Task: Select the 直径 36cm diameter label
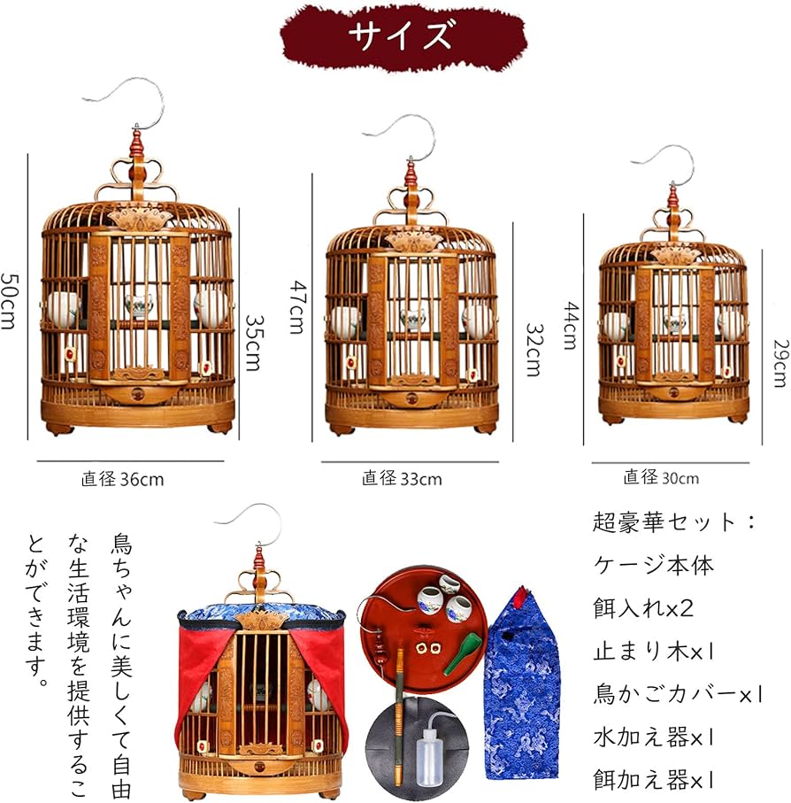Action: pyautogui.click(x=123, y=480)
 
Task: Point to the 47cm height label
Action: pyautogui.click(x=296, y=306)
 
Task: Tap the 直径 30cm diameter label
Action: pyautogui.click(x=660, y=477)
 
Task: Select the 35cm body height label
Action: pyautogui.click(x=253, y=343)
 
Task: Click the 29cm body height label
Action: pyautogui.click(x=779, y=363)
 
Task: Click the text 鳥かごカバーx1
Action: pyautogui.click(x=677, y=694)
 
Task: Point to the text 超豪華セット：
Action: pyautogui.click(x=675, y=522)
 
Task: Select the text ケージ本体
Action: pyautogui.click(x=653, y=565)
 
